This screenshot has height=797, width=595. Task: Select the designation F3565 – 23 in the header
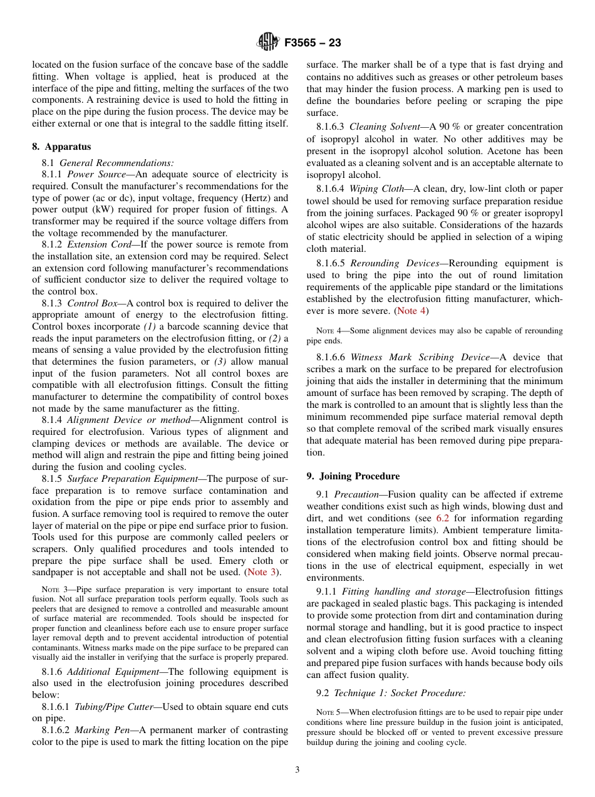pos(313,43)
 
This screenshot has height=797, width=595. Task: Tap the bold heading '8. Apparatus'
pos(61,147)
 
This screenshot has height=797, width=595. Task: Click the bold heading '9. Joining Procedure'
pos(353,476)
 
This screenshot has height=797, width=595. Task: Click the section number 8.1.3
pos(53,303)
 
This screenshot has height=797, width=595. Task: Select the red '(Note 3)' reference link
pos(262,572)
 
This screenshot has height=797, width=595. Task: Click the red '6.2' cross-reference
pos(442,518)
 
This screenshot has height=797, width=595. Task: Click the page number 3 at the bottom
pos(297,770)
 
